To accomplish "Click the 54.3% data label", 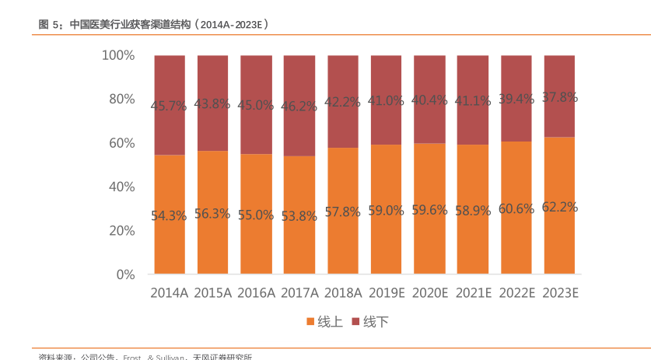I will point(170,216).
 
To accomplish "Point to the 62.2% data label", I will point(559,207).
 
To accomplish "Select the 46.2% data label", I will point(299,108).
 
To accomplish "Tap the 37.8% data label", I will point(559,97).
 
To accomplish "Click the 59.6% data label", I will point(429,210).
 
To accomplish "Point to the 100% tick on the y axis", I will point(118,55).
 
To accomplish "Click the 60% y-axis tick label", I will point(121,143).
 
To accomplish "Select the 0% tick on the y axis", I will point(125,274).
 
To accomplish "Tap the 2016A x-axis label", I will point(256,293).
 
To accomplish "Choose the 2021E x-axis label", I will point(473,293).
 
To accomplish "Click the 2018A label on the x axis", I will point(343,293).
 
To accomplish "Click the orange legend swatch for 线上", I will point(310,321).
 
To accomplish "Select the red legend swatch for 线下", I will point(356,321).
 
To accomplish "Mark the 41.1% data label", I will point(473,100).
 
